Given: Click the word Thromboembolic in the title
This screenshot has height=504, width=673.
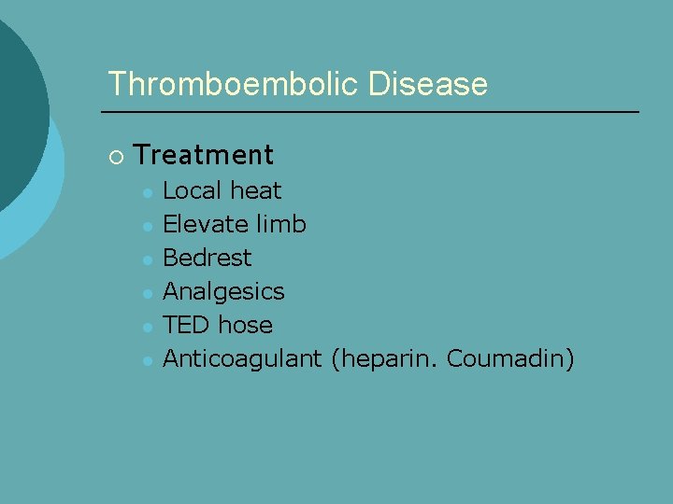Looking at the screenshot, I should point(234,84).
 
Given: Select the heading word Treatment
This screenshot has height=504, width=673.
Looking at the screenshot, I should point(204,155).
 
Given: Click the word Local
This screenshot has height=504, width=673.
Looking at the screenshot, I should point(193,191).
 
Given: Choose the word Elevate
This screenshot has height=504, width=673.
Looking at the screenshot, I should point(203,225).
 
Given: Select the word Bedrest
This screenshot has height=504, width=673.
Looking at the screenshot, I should point(207,259).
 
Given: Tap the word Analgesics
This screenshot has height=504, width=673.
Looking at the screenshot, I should point(223,292).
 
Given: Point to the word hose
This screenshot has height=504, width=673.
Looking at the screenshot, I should point(245,326).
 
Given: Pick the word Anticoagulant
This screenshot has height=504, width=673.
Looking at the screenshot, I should point(242,359).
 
